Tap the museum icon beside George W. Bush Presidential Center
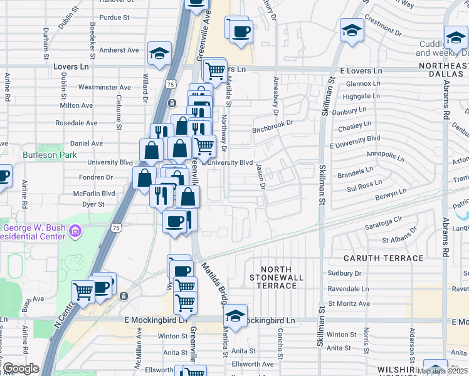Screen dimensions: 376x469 pos(75,232)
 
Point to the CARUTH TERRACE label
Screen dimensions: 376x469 pos(384,258)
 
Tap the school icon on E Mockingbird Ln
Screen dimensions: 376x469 pos(235,316)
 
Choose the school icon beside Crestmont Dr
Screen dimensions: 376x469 pos(352,29)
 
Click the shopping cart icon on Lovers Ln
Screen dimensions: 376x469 pos(215,70)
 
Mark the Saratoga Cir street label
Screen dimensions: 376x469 pos(380,221)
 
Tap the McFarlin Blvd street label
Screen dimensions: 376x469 pos(92,194)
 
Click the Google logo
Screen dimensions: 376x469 pos(21,368)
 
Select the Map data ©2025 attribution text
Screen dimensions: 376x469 pos(441,371)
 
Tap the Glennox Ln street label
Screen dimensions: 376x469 pos(359,83)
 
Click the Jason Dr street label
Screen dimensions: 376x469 pos(260,176)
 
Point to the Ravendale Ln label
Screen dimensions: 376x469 pos(349,289)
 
